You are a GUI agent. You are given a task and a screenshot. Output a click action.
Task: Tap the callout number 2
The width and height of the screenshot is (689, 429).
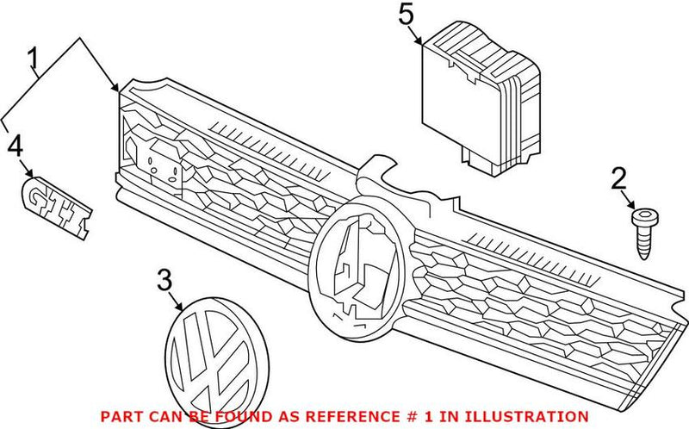tap(618, 179)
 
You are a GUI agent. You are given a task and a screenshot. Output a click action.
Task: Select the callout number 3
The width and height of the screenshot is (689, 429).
tap(164, 279)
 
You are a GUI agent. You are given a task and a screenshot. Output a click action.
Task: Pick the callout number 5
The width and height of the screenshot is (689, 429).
tap(407, 15)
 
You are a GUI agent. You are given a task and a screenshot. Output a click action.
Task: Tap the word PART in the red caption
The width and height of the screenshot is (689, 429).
tap(118, 416)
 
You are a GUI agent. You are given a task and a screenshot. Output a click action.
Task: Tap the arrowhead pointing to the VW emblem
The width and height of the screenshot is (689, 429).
tap(183, 308)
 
